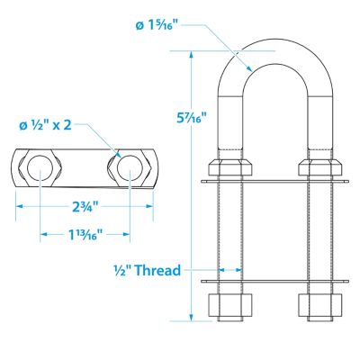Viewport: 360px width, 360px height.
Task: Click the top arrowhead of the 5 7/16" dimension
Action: coord(192,53)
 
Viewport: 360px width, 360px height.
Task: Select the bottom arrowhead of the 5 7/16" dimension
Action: coord(192,317)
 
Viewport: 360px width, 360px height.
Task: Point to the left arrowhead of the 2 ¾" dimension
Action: coord(17,206)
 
